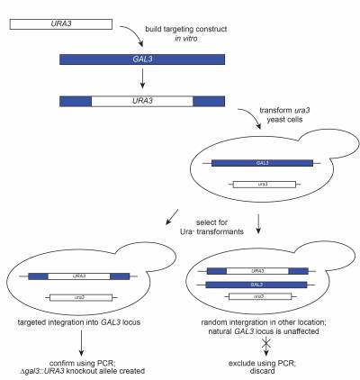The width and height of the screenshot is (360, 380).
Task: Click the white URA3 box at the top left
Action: coord(61,24)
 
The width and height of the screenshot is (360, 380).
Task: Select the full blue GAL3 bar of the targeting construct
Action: coord(142,59)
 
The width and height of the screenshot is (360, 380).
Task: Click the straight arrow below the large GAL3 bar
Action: coord(142,78)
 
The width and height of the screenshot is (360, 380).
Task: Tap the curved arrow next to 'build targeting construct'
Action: coord(133,34)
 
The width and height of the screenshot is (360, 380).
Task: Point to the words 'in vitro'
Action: coord(186,39)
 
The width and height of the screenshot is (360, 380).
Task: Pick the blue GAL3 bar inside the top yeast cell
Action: coord(262,163)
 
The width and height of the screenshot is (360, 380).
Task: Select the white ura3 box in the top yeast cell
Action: coord(265,184)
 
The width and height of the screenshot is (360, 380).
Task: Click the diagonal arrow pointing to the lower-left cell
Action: coord(172,217)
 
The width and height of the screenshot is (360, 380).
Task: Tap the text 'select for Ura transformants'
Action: coord(211,227)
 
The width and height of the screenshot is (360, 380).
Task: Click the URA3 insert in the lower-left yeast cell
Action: coord(79,276)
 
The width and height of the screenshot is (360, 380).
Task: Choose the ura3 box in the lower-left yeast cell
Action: coord(81,297)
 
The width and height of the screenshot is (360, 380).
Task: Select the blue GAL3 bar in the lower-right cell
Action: coord(256,285)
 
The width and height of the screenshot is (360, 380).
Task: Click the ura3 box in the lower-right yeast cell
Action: coord(260,296)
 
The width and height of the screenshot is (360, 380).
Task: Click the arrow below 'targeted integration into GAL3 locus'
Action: coord(81,343)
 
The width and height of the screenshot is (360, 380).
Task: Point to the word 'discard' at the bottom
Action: coord(262,371)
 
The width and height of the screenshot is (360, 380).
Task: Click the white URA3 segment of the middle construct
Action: coord(142,101)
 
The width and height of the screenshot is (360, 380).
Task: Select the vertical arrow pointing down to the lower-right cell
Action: coord(258,224)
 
